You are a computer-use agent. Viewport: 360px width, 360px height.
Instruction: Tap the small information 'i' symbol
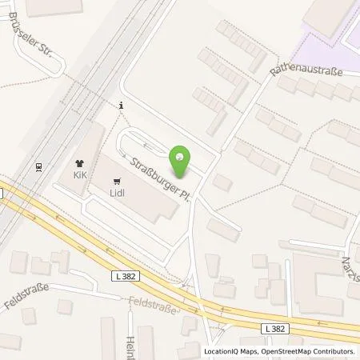coord(120,104)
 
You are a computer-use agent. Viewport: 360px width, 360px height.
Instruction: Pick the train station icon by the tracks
coord(38,167)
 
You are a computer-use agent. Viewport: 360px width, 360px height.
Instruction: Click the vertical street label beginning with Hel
coord(130,347)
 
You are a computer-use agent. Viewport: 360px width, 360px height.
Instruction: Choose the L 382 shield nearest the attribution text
coord(274,328)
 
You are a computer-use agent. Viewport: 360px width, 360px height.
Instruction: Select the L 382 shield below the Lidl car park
coord(123,275)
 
